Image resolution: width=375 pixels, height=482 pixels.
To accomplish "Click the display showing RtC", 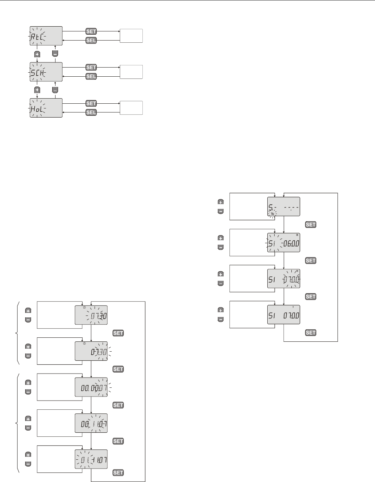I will pyautogui.click(x=46, y=36).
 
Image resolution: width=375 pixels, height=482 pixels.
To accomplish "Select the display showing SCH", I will pyautogui.click(x=46, y=72).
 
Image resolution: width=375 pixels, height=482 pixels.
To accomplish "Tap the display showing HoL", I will pyautogui.click(x=46, y=108).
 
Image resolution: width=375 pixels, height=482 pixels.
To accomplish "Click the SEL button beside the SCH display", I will pyautogui.click(x=91, y=76).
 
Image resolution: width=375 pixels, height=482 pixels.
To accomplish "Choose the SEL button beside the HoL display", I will pyautogui.click(x=91, y=112).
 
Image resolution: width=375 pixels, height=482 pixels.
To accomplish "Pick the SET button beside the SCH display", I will pyautogui.click(x=91, y=68).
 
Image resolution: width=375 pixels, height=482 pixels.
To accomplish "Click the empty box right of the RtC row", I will pyautogui.click(x=131, y=36).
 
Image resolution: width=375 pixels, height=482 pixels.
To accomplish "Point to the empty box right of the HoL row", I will pyautogui.click(x=131, y=108).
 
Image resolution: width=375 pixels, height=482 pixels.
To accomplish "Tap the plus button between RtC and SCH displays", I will pyautogui.click(x=37, y=54).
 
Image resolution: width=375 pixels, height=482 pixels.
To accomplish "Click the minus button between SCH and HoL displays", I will pyautogui.click(x=55, y=90).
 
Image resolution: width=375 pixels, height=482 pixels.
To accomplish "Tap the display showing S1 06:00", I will pyautogui.click(x=284, y=242).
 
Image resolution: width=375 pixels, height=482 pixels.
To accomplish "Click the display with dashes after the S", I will pyautogui.click(x=284, y=207).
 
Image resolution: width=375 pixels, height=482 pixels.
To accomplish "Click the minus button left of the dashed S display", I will pyautogui.click(x=221, y=211).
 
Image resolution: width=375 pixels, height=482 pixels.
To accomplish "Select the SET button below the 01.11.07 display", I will pyautogui.click(x=118, y=473).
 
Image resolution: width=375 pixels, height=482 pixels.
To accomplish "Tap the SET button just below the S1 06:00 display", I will pyautogui.click(x=311, y=261).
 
